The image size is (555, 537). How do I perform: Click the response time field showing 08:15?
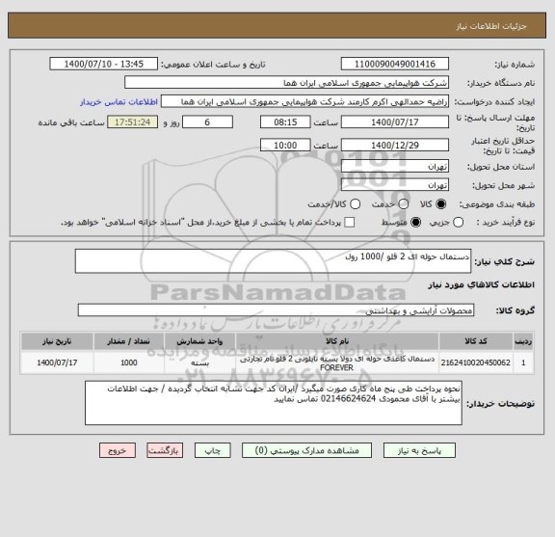tap(285, 122)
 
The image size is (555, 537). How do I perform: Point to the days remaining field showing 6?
tap(207, 122)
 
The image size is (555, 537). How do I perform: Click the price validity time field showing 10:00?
tap(285, 144)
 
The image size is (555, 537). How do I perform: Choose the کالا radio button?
tap(442, 203)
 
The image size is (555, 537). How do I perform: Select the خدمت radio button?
tap(398, 203)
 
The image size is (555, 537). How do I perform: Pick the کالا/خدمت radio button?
tap(355, 203)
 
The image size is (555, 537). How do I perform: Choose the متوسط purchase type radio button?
tap(417, 222)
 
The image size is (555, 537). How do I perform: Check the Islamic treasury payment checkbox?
tap(348, 222)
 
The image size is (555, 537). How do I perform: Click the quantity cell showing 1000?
tap(128, 362)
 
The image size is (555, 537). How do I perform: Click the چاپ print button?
tap(216, 449)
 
